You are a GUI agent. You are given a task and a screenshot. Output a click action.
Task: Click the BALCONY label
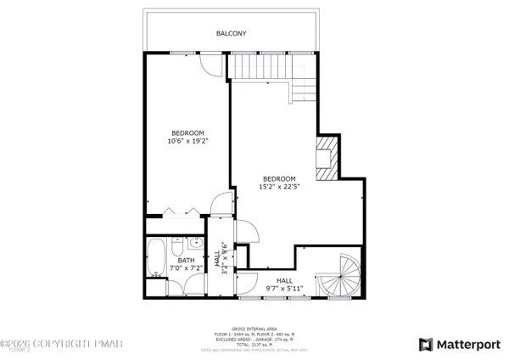231,34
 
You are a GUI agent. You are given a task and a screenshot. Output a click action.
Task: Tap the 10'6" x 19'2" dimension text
187,142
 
